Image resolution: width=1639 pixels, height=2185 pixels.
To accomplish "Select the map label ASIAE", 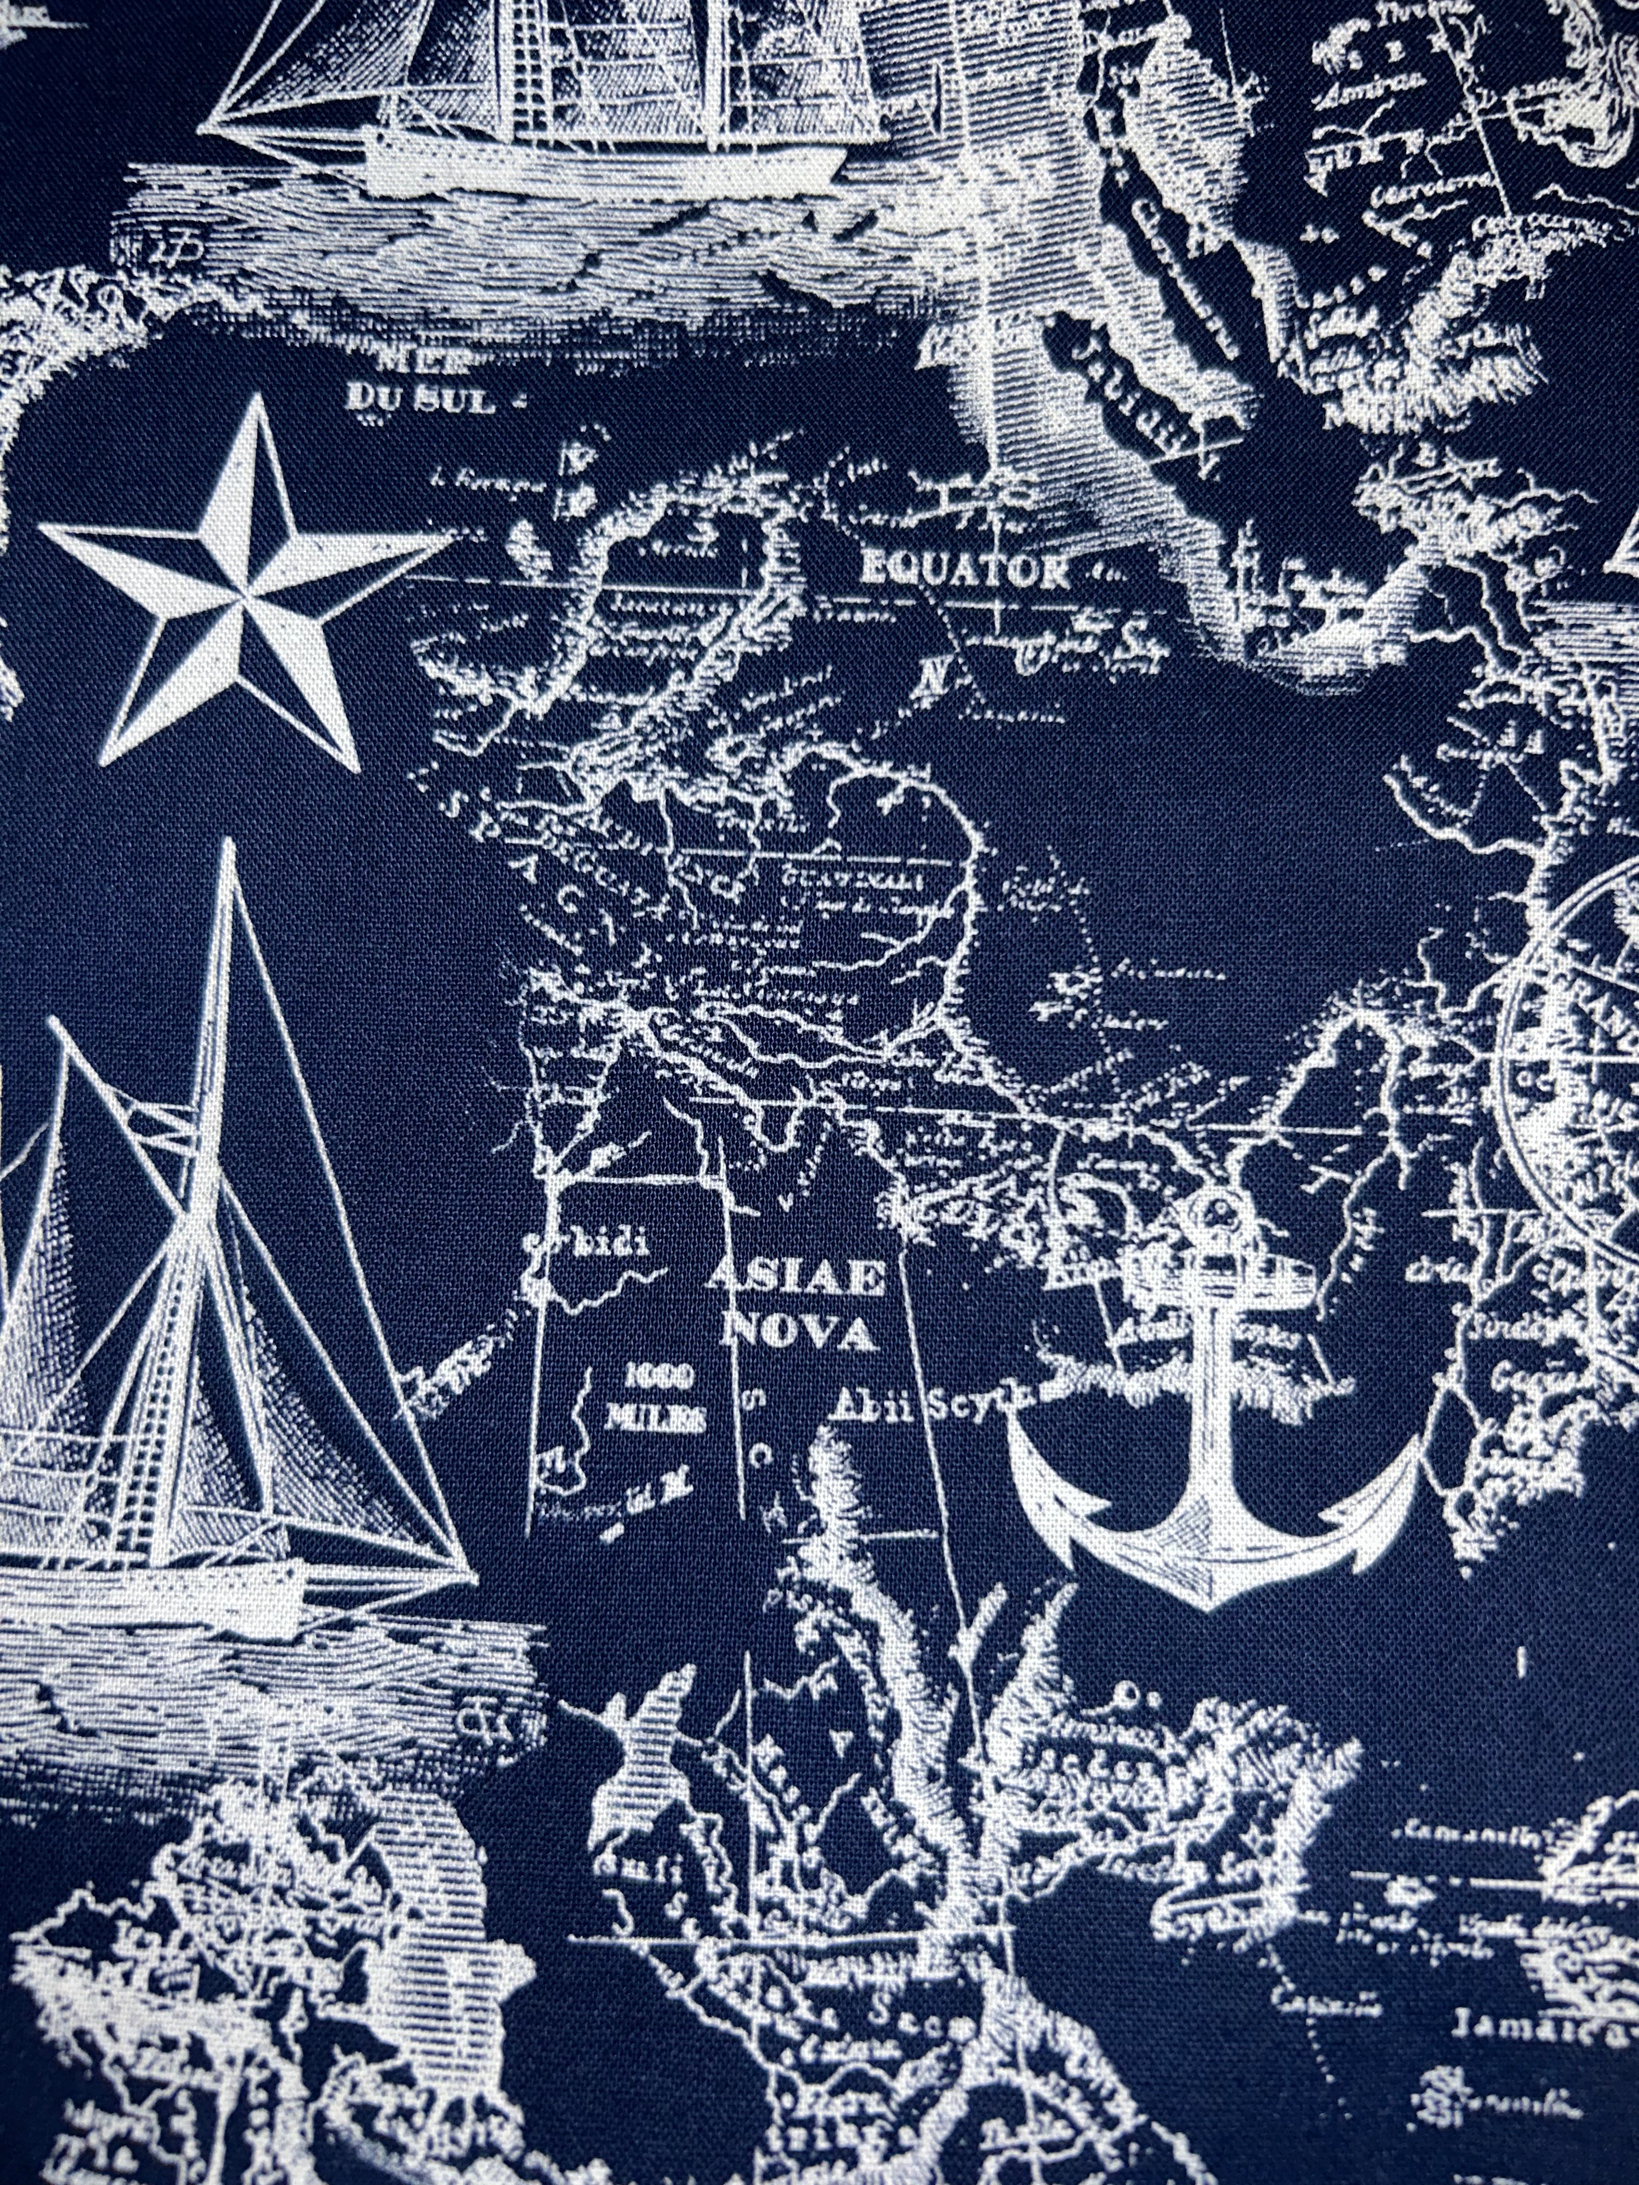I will point(795,1280).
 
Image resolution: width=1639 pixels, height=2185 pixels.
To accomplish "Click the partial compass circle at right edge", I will point(1571,1057).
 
